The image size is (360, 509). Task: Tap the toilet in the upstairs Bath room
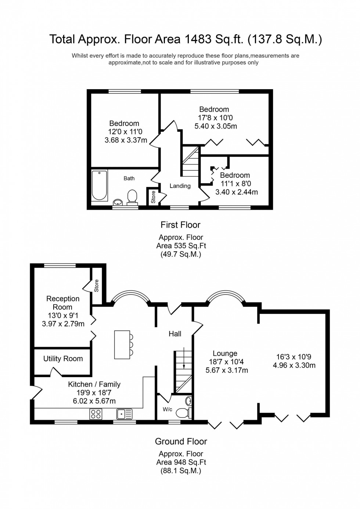[x=132, y=196]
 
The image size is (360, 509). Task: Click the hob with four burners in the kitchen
[x=96, y=414]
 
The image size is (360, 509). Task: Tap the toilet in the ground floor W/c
[x=183, y=413]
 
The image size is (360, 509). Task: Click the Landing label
[x=180, y=186]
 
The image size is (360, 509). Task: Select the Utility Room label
[x=63, y=358]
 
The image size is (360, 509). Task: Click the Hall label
[x=175, y=334]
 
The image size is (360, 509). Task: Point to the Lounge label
[x=225, y=354]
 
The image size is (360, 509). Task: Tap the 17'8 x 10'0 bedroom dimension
[x=215, y=118]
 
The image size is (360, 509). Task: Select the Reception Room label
[x=63, y=303]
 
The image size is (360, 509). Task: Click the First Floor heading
[x=180, y=225]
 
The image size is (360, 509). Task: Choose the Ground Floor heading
[x=181, y=441]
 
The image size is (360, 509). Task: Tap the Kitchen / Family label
[x=94, y=384]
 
